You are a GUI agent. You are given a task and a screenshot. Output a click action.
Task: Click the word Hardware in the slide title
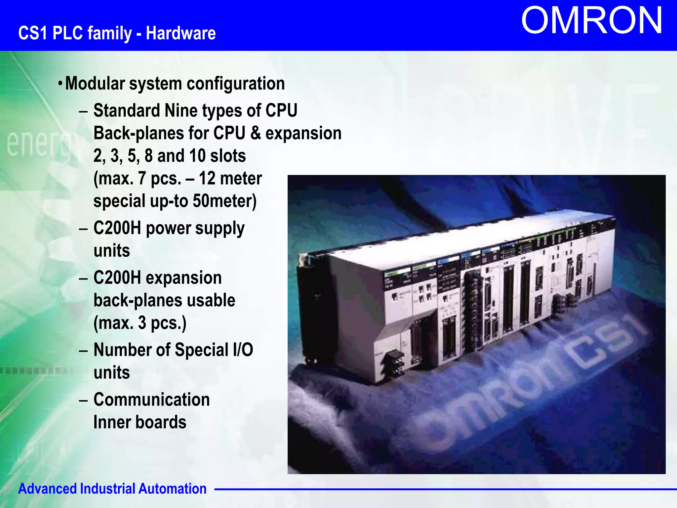(181, 33)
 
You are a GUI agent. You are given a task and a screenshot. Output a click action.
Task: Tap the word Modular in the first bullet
(95, 83)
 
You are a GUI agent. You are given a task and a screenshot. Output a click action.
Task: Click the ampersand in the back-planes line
(255, 133)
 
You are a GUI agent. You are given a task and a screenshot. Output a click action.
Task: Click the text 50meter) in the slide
(224, 201)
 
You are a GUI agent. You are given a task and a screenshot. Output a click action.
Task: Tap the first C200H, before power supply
(117, 228)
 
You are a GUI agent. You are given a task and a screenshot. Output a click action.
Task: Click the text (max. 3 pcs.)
(140, 323)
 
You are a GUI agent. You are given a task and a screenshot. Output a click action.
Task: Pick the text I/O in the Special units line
(243, 350)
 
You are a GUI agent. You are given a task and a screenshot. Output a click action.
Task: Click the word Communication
(151, 400)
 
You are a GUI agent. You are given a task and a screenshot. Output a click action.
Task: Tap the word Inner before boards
(112, 422)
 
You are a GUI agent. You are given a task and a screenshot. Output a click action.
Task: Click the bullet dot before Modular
(60, 83)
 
